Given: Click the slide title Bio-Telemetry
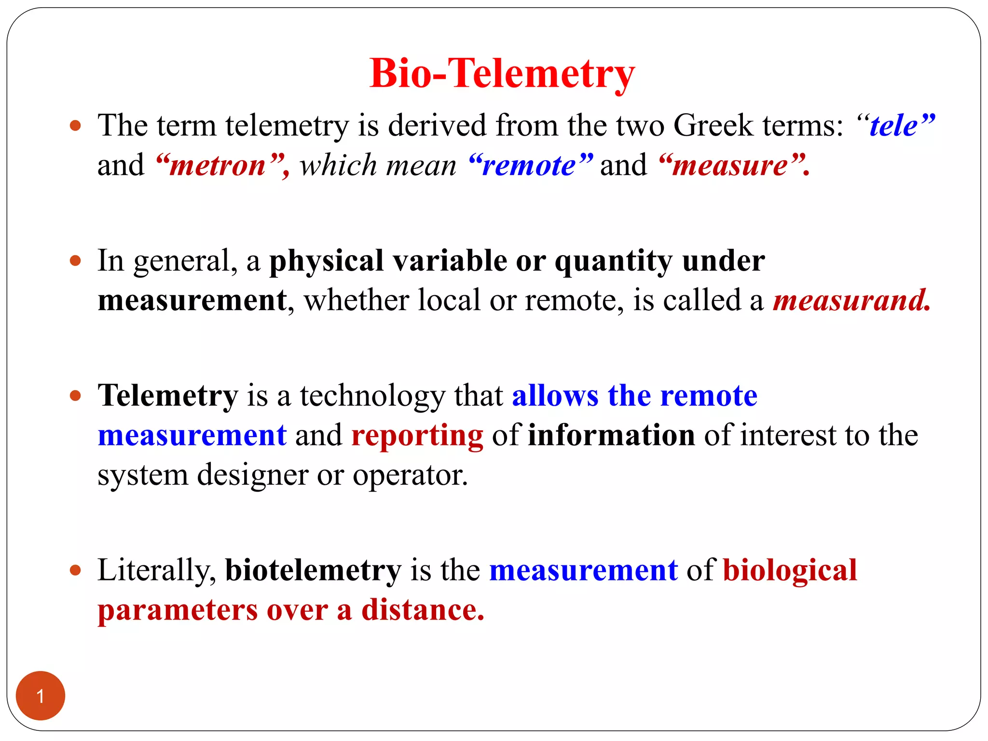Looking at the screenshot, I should click(502, 74).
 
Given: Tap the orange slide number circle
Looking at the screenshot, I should click(41, 696).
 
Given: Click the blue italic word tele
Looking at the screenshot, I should click(894, 126).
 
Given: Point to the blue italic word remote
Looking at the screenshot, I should click(529, 166).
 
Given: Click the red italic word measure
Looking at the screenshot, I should click(730, 166).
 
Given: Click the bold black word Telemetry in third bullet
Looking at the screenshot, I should click(168, 396).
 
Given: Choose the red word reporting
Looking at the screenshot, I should click(417, 436).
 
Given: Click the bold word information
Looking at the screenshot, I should click(611, 436).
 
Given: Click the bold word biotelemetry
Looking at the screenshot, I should click(313, 571).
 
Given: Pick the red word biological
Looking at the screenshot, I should click(790, 571).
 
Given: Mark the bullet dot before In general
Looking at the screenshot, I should click(75, 261).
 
